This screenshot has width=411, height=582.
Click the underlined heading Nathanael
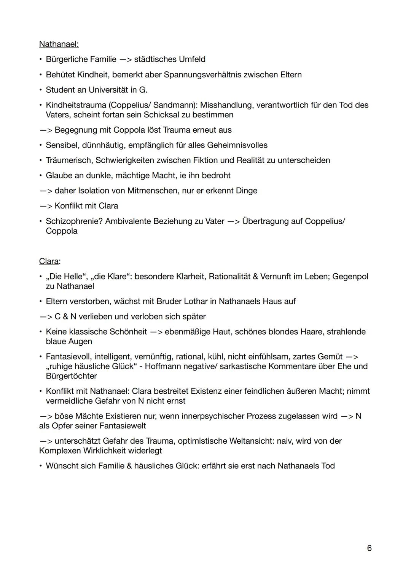pos(59,44)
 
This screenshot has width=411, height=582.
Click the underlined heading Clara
pos(49,261)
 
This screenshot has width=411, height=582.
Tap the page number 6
pos(369,548)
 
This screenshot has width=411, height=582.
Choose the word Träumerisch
pos(69,160)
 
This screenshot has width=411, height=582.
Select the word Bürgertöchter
pos(71,376)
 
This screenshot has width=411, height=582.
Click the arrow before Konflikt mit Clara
pos(46,206)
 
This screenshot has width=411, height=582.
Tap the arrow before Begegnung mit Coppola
pos(46,130)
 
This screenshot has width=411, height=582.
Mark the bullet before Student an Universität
pos(40,90)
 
